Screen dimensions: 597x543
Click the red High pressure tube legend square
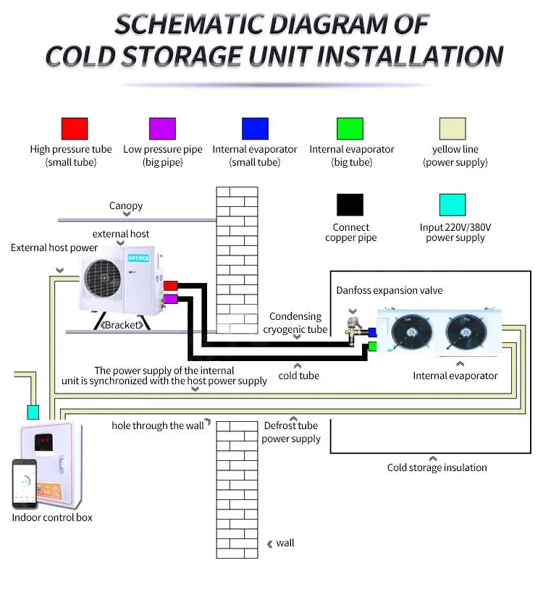[x=74, y=129]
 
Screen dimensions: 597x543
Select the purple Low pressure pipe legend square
[x=162, y=129]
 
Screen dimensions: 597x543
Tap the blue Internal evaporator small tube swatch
[x=255, y=129]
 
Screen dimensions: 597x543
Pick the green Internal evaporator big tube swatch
[x=350, y=129]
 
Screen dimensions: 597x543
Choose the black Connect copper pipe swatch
[x=350, y=205]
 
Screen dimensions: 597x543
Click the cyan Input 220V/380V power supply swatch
[x=452, y=205]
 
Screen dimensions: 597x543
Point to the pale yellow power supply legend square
[x=452, y=129]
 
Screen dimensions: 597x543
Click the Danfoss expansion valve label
[x=390, y=290]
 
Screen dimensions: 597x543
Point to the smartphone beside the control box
[x=25, y=483]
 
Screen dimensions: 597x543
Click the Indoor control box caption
[x=52, y=517]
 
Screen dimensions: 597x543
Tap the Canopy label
[x=126, y=206]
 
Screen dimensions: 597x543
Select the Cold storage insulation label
[x=437, y=467]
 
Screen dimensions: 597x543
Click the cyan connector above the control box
[x=33, y=412]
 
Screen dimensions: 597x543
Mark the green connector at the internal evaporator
[x=371, y=346]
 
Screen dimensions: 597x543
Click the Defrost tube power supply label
[x=291, y=432]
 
